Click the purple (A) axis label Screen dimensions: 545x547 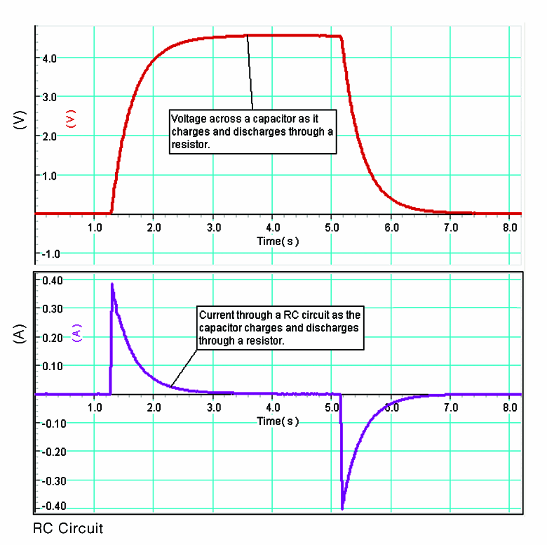click(x=77, y=331)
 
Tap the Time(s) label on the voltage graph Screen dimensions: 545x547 click(x=278, y=241)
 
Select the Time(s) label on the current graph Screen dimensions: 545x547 click(x=278, y=421)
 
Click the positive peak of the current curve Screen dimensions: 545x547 click(x=112, y=284)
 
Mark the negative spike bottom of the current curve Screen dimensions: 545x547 click(x=342, y=508)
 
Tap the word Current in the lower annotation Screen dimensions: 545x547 click(x=215, y=315)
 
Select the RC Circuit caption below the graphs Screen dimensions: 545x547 click(x=68, y=528)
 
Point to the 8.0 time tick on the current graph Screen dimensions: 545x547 click(x=511, y=407)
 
